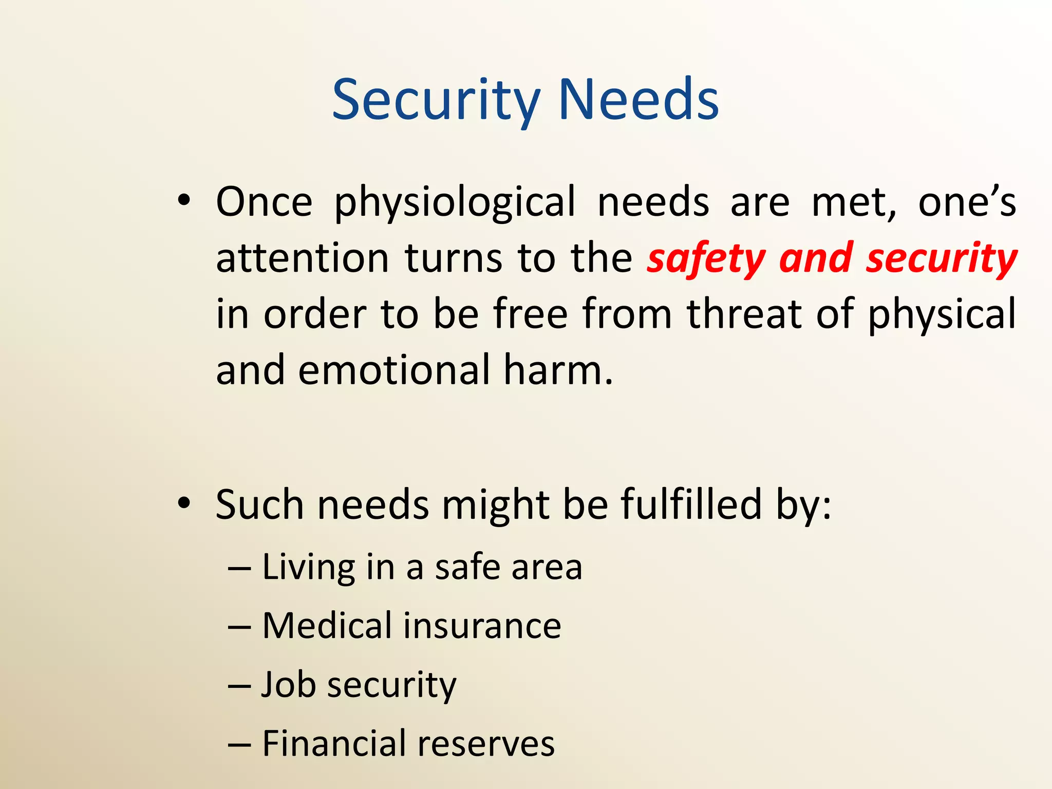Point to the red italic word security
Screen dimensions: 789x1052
pos(941,258)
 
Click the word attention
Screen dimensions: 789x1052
pos(302,258)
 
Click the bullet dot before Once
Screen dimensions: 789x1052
pos(184,201)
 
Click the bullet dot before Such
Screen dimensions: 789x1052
pos(184,503)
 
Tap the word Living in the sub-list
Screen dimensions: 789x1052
pos(308,568)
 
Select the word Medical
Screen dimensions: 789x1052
pos(327,626)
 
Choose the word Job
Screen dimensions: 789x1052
pos(288,685)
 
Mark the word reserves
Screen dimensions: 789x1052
pos(485,744)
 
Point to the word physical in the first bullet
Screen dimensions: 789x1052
pos(942,314)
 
